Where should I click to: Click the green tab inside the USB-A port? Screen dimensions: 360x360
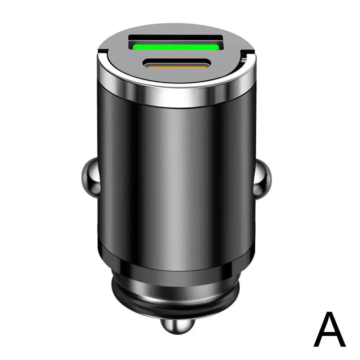[x=176, y=46]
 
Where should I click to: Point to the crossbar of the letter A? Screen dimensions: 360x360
[x=329, y=334]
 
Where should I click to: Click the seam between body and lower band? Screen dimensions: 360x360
[x=176, y=248]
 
